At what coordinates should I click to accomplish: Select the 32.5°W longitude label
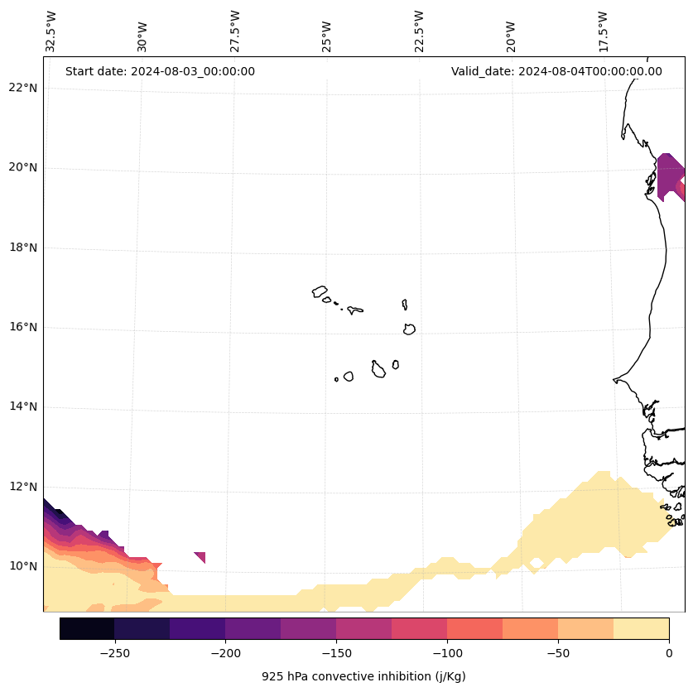[x=51, y=31]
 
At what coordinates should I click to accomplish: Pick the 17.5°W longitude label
[x=604, y=31]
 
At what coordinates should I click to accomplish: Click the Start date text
[x=160, y=71]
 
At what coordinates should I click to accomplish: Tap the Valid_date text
[x=556, y=71]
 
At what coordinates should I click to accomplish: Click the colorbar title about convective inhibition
[x=363, y=676]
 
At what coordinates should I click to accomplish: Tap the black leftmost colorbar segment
[x=87, y=628]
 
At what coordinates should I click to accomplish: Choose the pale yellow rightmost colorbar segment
[x=641, y=628]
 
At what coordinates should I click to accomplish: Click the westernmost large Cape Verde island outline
[x=320, y=291]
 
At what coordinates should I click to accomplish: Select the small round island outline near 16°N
[x=409, y=329]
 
